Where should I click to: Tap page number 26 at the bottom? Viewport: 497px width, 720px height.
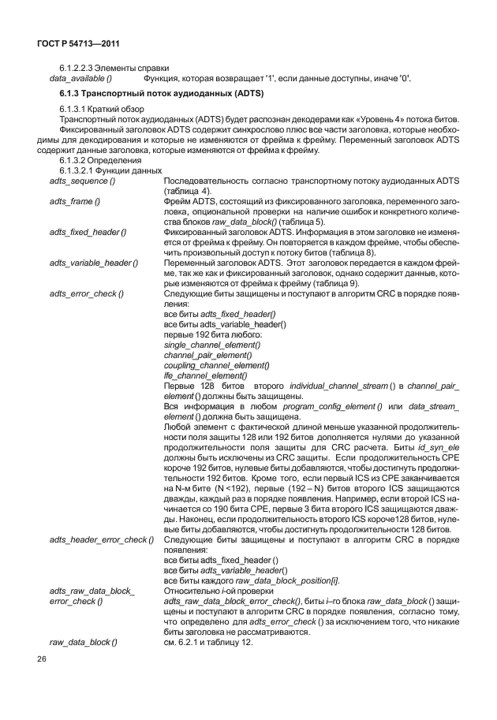coord(40,679)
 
